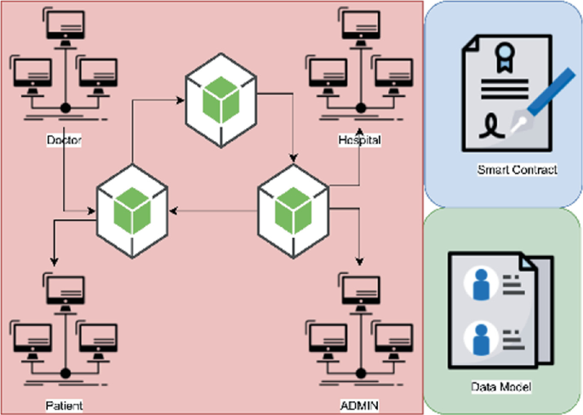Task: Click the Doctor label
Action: [64, 139]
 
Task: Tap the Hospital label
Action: [358, 139]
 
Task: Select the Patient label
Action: [64, 405]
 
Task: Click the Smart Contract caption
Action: [517, 170]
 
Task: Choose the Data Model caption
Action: [502, 388]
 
